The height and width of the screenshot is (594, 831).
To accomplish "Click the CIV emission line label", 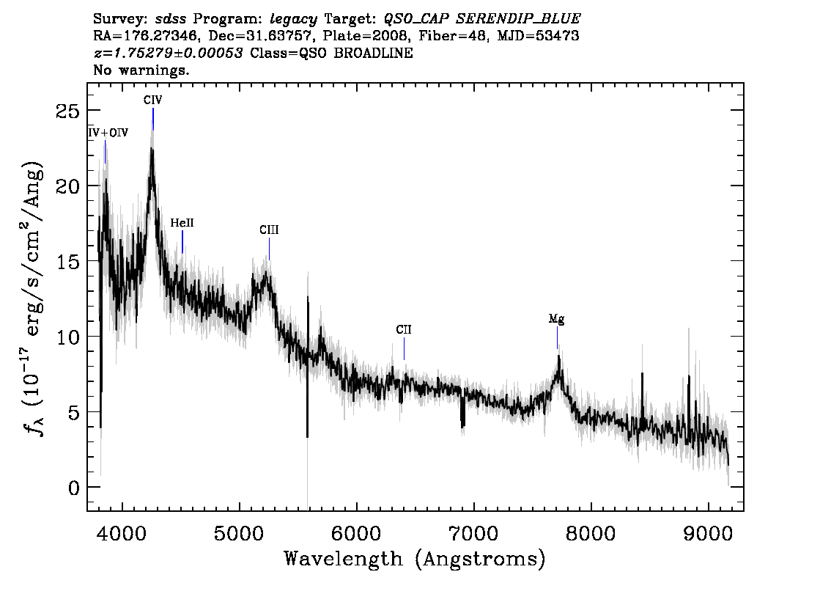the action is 152,100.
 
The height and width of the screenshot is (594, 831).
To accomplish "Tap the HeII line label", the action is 182,223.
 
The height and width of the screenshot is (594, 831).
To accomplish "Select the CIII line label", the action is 269,230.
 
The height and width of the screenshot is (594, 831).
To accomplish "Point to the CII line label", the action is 403,330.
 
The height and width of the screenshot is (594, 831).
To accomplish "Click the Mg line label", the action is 556,319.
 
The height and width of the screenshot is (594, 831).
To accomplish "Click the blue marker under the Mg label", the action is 557,338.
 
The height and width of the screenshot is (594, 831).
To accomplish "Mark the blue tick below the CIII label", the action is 269,249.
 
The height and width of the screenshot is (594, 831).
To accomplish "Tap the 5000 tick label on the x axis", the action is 240,533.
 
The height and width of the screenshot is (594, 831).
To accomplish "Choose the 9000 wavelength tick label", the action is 708,533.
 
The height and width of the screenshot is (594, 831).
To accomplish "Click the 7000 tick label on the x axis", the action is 474,533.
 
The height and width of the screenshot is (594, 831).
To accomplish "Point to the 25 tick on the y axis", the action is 67,111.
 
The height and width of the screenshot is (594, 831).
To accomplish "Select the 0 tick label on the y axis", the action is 74,488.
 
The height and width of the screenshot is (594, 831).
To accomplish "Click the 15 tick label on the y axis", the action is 67,262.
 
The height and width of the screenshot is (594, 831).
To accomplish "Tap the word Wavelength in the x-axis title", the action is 344,559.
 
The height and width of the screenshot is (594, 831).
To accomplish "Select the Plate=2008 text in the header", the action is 366,36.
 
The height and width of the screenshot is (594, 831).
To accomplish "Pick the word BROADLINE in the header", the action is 373,53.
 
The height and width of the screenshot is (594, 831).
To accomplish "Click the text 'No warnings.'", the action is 141,70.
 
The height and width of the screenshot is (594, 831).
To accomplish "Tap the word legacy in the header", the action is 294,19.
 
